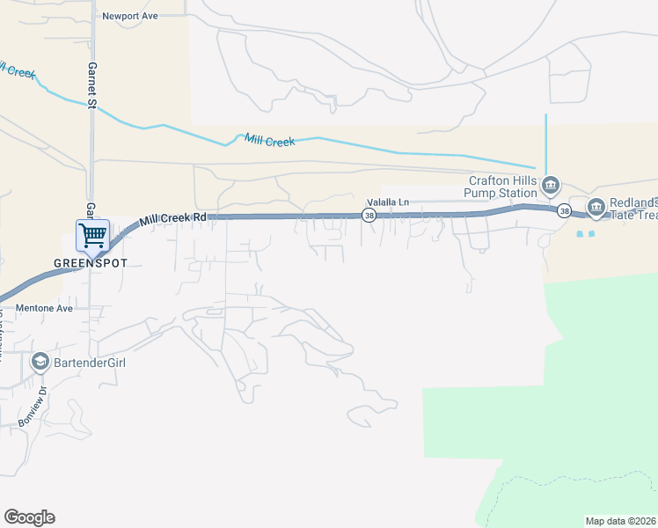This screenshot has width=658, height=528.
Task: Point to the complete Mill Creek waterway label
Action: tap(269, 140)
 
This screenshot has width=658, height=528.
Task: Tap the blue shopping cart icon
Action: tap(92, 235)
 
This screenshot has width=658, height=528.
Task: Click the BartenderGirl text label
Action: tap(92, 362)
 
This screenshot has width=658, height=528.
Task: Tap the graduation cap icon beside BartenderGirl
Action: tap(40, 362)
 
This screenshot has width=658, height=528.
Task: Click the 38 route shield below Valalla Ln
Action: tap(369, 215)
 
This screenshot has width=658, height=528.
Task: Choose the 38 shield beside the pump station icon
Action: tap(562, 209)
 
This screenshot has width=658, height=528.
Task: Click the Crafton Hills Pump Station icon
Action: tap(551, 185)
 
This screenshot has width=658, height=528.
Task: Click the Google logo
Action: tap(29, 517)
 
